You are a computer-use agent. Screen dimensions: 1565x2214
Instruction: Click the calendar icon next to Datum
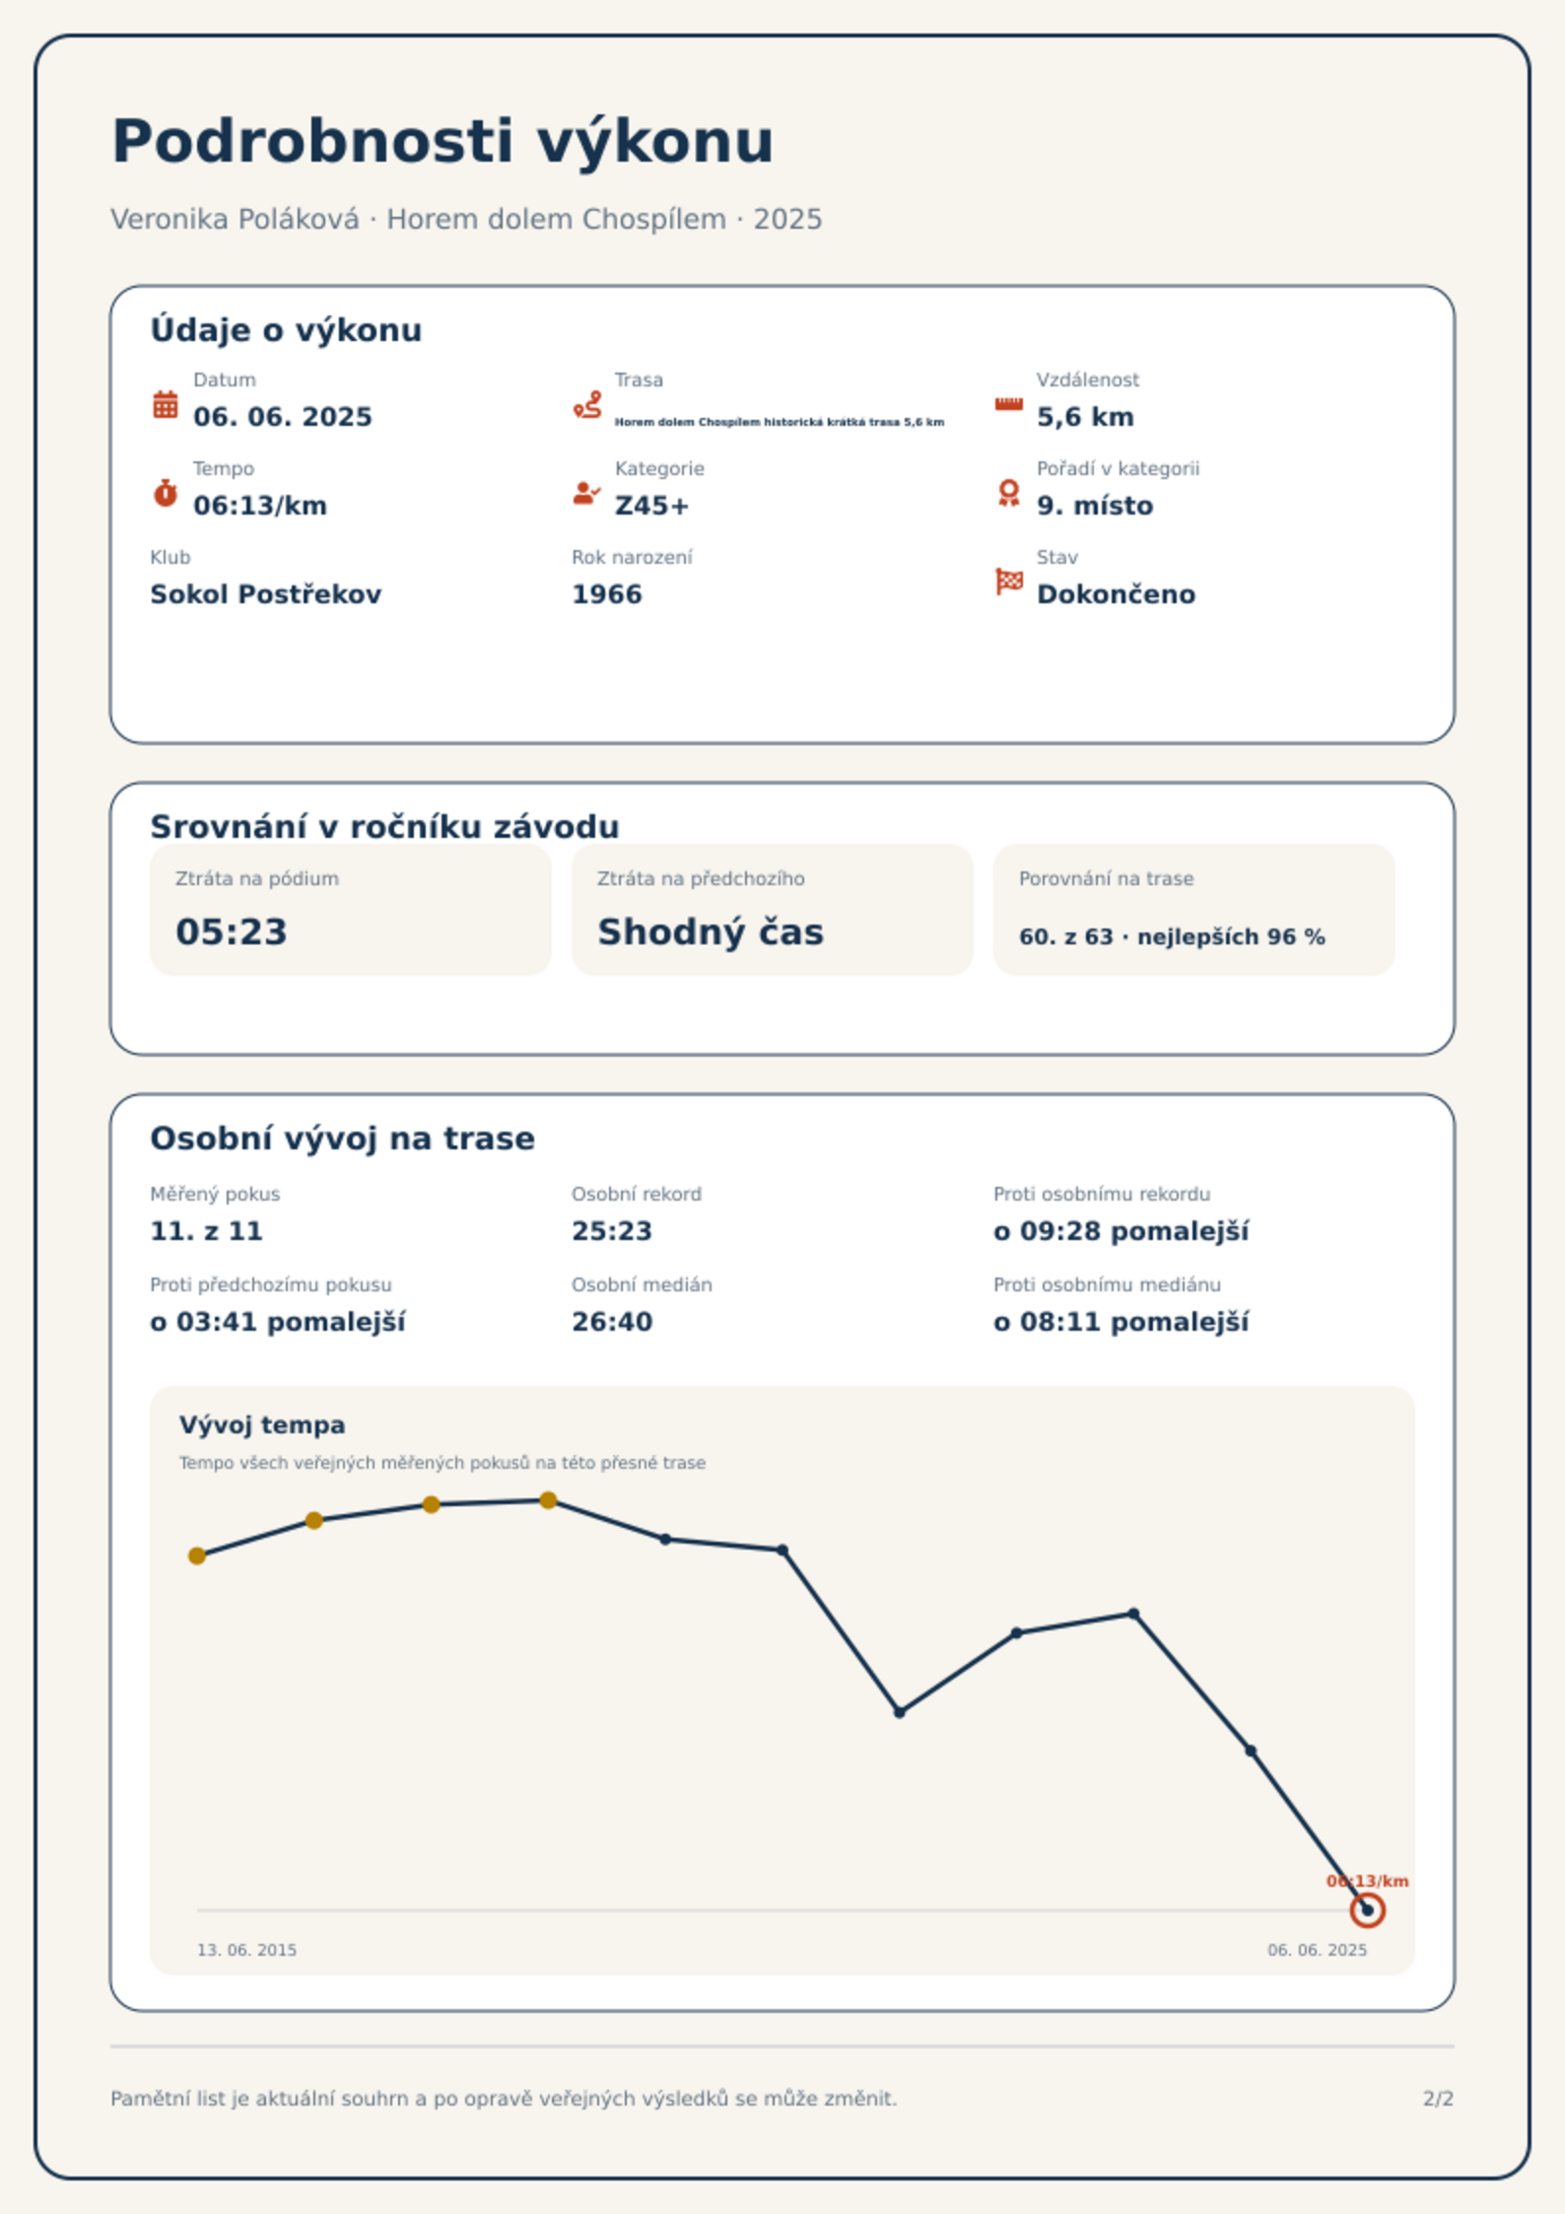[166, 404]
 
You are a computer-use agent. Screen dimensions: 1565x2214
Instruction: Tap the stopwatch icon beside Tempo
[166, 493]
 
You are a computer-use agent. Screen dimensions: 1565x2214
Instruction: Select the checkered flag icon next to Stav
[1009, 582]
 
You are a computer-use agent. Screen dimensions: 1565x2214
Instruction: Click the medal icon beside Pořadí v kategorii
[1008, 493]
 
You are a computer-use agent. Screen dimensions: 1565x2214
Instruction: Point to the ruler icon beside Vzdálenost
[1008, 404]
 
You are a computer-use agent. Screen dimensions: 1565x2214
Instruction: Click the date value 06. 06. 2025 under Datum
[283, 417]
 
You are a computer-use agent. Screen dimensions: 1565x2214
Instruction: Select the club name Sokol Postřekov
[265, 594]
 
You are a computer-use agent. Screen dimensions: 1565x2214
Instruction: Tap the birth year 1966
[607, 594]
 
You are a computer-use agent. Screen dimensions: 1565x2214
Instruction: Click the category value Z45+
[651, 506]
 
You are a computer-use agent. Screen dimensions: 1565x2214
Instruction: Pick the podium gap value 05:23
[232, 932]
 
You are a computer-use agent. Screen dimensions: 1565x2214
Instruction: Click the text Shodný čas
[711, 932]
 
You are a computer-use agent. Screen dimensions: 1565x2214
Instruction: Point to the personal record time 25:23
[612, 1231]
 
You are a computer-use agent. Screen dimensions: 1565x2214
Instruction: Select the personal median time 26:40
[612, 1322]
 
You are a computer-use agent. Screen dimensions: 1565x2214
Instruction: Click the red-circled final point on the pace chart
[1367, 1910]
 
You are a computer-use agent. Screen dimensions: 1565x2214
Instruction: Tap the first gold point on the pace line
[197, 1556]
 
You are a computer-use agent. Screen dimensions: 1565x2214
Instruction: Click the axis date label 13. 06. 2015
[246, 1950]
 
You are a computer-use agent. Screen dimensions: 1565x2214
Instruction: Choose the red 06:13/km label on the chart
[1367, 1881]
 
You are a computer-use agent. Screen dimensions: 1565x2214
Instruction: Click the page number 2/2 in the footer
[1438, 2099]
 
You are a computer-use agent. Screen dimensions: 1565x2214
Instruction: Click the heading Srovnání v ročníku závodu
[384, 826]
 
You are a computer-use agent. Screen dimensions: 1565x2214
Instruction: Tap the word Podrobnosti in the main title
[312, 141]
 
